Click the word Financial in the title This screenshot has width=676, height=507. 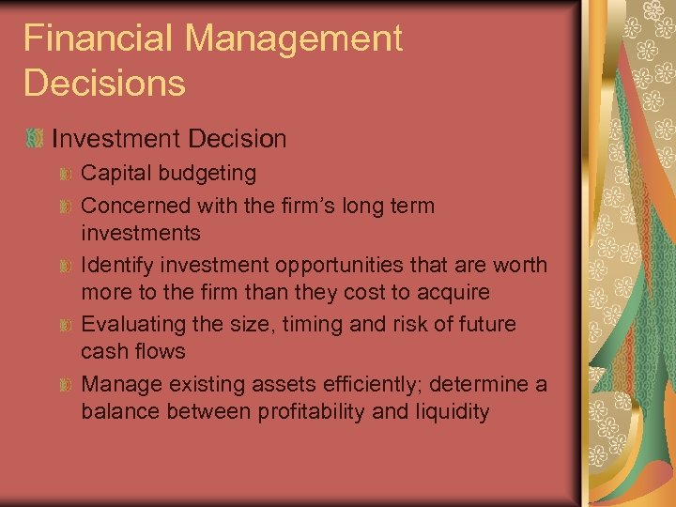point(99,38)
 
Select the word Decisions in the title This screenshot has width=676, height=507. point(104,83)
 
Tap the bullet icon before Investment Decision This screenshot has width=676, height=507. point(35,140)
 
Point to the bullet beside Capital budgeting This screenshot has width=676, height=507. point(65,174)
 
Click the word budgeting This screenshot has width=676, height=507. point(208,173)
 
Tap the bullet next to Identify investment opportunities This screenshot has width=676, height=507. point(65,266)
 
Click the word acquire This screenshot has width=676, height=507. point(452,292)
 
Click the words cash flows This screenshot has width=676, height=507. point(133,351)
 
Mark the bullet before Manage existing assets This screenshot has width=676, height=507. point(65,385)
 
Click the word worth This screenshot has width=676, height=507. point(519,265)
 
